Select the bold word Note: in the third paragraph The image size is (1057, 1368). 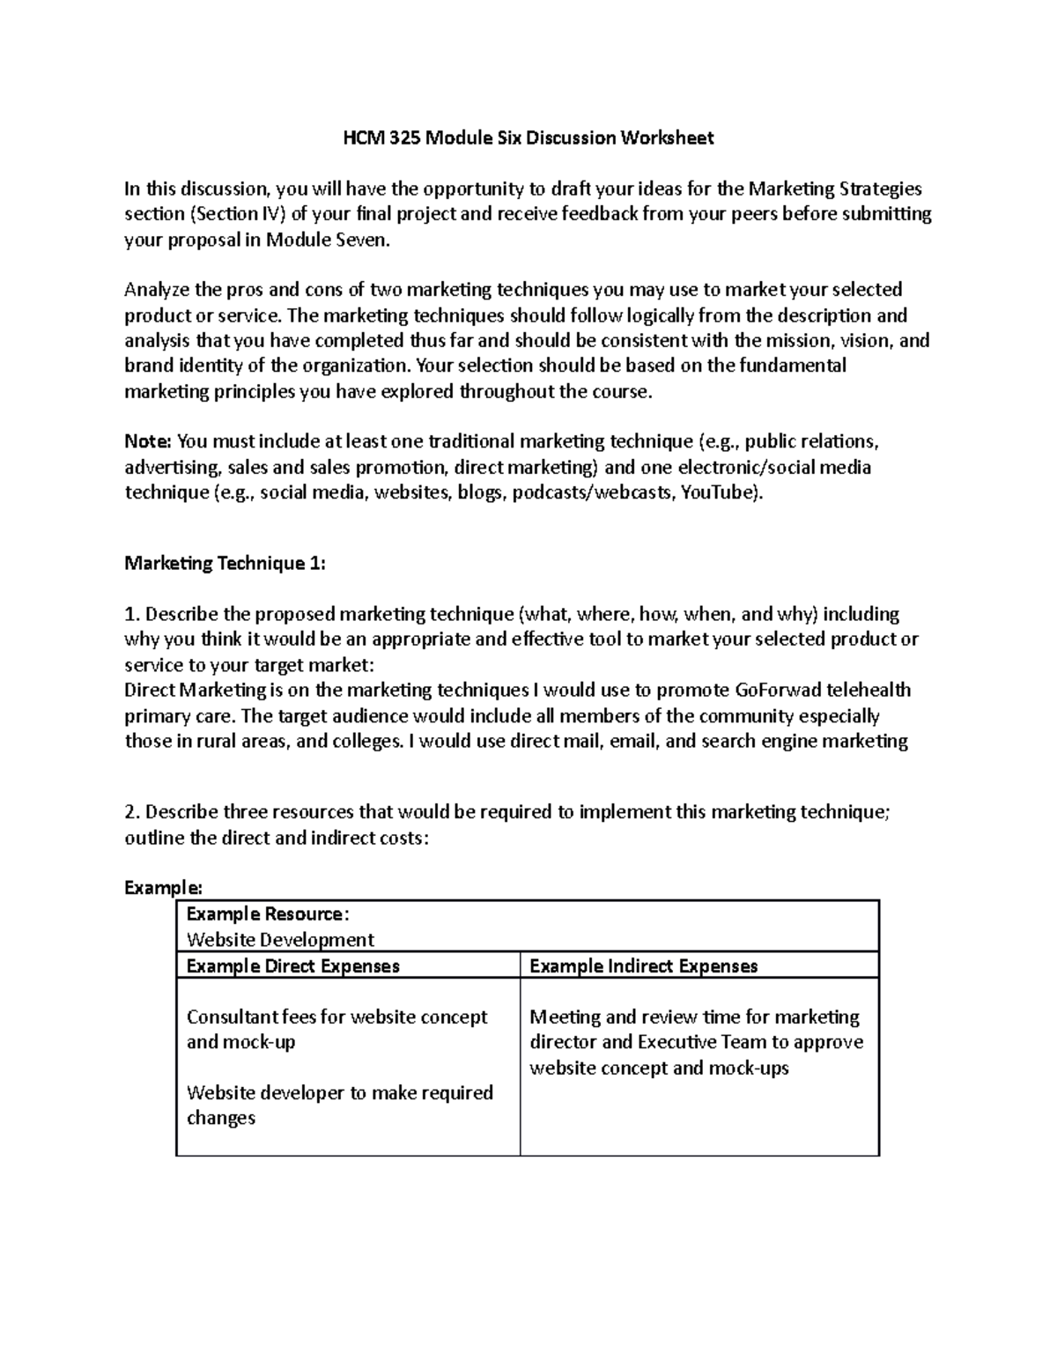click(148, 441)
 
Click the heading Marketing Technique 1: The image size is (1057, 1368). click(225, 563)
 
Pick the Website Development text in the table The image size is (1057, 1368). click(280, 939)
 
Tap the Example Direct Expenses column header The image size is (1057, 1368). click(292, 965)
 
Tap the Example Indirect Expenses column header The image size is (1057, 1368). click(643, 965)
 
